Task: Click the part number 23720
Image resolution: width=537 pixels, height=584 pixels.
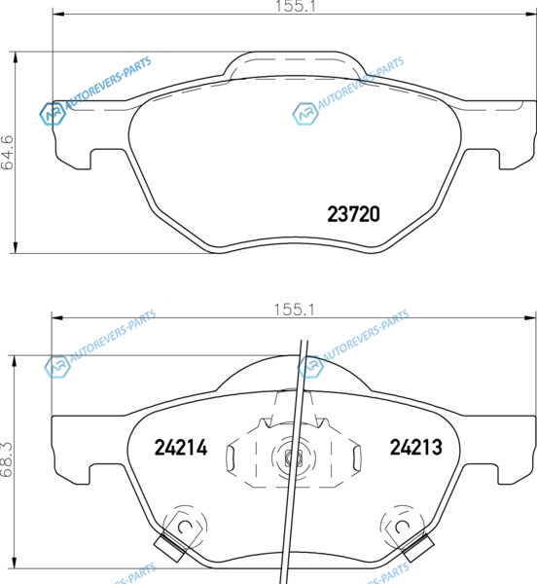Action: coord(353,214)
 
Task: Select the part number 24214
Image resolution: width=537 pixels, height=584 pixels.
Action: coord(181,448)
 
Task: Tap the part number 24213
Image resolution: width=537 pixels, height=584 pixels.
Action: coord(416,447)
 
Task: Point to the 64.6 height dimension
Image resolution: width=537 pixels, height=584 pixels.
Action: coord(8,153)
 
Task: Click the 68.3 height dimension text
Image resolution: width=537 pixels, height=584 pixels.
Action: coord(7,459)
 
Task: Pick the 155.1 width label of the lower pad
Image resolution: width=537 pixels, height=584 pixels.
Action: coord(294,310)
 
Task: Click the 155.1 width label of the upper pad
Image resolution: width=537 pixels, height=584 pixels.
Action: coord(295,6)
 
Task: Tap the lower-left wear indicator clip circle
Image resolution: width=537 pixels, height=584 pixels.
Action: coord(185,527)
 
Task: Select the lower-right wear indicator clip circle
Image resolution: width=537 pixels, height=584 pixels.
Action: coord(402,527)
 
